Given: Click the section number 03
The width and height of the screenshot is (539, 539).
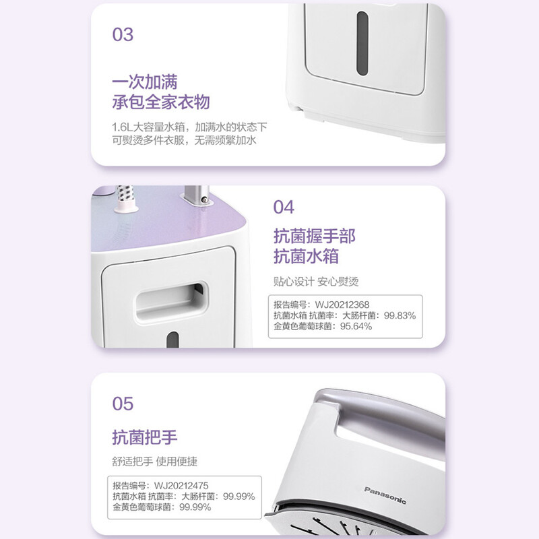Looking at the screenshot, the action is pyautogui.click(x=123, y=35).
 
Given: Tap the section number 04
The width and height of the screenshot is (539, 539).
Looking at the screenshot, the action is pyautogui.click(x=284, y=207).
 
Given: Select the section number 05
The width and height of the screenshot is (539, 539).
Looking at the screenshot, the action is pyautogui.click(x=123, y=404).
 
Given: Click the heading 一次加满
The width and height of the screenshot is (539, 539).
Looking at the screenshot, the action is pyautogui.click(x=145, y=82).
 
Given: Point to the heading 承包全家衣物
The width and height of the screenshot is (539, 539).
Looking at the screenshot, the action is pyautogui.click(x=161, y=102).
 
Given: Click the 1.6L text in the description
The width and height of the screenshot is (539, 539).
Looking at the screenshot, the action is pyautogui.click(x=122, y=127).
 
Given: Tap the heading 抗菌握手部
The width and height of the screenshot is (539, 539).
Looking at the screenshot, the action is pyautogui.click(x=315, y=236).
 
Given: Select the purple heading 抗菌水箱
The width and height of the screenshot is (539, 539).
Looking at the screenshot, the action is pyautogui.click(x=306, y=257).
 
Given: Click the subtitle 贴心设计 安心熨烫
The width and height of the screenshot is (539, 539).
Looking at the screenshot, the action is pyautogui.click(x=316, y=282).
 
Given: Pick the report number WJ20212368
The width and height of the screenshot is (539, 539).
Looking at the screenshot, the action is pyautogui.click(x=342, y=305).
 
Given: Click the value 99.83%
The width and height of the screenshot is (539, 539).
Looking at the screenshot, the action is pyautogui.click(x=400, y=315).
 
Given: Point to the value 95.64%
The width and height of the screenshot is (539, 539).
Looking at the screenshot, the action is pyautogui.click(x=356, y=326).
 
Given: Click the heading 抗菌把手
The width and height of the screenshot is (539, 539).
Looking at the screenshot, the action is pyautogui.click(x=145, y=437).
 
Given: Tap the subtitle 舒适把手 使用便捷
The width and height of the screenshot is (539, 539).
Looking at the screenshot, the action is pyautogui.click(x=155, y=462).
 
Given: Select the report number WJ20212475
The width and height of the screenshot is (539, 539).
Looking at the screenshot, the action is pyautogui.click(x=181, y=486).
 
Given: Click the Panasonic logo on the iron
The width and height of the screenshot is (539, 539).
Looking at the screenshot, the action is pyautogui.click(x=385, y=495).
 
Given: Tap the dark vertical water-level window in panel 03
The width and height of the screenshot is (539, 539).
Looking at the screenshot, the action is pyautogui.click(x=362, y=43).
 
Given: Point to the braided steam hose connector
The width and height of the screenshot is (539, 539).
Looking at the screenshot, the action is pyautogui.click(x=125, y=199).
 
